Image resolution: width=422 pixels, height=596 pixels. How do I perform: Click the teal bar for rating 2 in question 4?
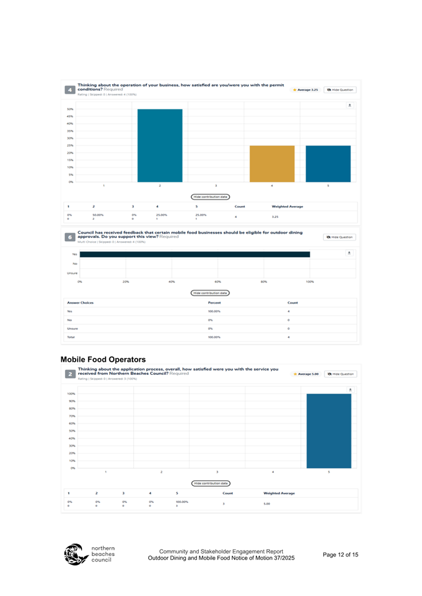coord(160,145)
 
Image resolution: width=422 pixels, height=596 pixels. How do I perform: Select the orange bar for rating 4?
coord(272,163)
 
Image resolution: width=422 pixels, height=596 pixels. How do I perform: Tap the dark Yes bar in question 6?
coord(194,254)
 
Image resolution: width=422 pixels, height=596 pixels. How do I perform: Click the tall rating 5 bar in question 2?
coord(328,430)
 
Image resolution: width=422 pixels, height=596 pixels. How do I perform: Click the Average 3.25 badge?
coord(306,90)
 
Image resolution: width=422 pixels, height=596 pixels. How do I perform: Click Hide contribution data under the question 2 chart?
coord(211,483)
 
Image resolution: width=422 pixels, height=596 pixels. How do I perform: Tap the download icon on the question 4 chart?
coord(350,106)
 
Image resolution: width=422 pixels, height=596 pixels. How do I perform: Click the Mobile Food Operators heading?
coord(103,360)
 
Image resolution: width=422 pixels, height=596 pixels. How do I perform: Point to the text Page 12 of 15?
coord(341,554)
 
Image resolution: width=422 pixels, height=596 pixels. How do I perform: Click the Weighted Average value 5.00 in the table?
coord(266,503)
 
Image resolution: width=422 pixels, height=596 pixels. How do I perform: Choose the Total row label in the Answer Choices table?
coord(71,337)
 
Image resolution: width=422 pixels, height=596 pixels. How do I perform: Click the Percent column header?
coord(214,302)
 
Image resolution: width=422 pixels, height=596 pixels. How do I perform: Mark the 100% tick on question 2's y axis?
coord(71,394)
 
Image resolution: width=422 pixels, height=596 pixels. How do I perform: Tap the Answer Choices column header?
coord(80,302)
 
